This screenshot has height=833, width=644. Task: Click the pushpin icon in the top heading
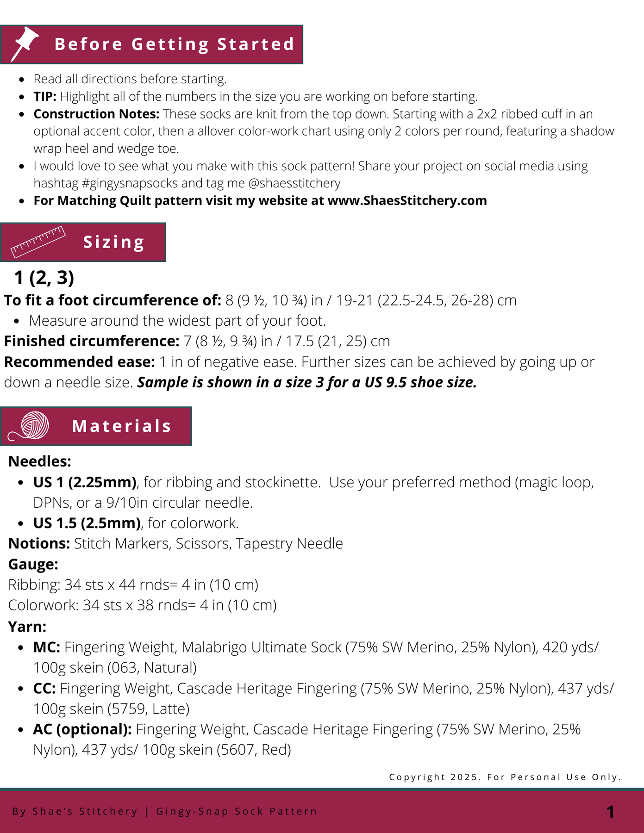[25, 44]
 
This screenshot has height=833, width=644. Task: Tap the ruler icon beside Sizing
[38, 242]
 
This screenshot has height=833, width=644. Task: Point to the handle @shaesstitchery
[294, 183]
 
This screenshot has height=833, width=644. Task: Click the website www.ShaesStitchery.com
[407, 201]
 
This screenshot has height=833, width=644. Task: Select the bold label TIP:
[45, 97]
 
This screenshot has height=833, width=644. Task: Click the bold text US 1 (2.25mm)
[85, 482]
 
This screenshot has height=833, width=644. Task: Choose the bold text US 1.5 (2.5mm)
[87, 523]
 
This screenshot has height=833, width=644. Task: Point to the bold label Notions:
[39, 543]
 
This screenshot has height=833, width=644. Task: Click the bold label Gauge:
[33, 564]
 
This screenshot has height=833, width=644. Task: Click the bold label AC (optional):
[82, 729]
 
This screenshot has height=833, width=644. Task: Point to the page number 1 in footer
[611, 812]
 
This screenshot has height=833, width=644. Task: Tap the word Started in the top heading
[256, 44]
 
